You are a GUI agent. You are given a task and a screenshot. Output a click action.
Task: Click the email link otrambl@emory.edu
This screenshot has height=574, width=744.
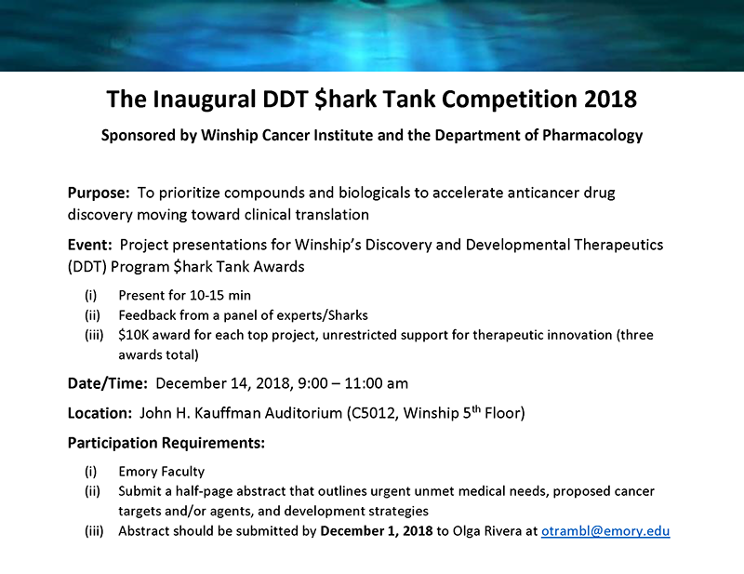pos(605,531)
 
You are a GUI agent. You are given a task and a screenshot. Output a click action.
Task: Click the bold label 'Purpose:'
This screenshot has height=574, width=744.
pos(100,194)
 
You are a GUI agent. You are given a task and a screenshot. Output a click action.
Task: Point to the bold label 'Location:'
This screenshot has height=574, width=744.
pos(100,413)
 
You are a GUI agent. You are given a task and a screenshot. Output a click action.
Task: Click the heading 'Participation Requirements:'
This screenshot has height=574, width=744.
pos(166,443)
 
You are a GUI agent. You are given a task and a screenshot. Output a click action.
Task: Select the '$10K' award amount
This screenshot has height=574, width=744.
pos(134,335)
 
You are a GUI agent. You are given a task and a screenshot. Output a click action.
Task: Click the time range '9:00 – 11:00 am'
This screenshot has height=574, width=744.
pos(347,383)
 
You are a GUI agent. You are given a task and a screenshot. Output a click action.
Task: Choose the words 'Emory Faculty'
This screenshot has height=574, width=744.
pos(162,472)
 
